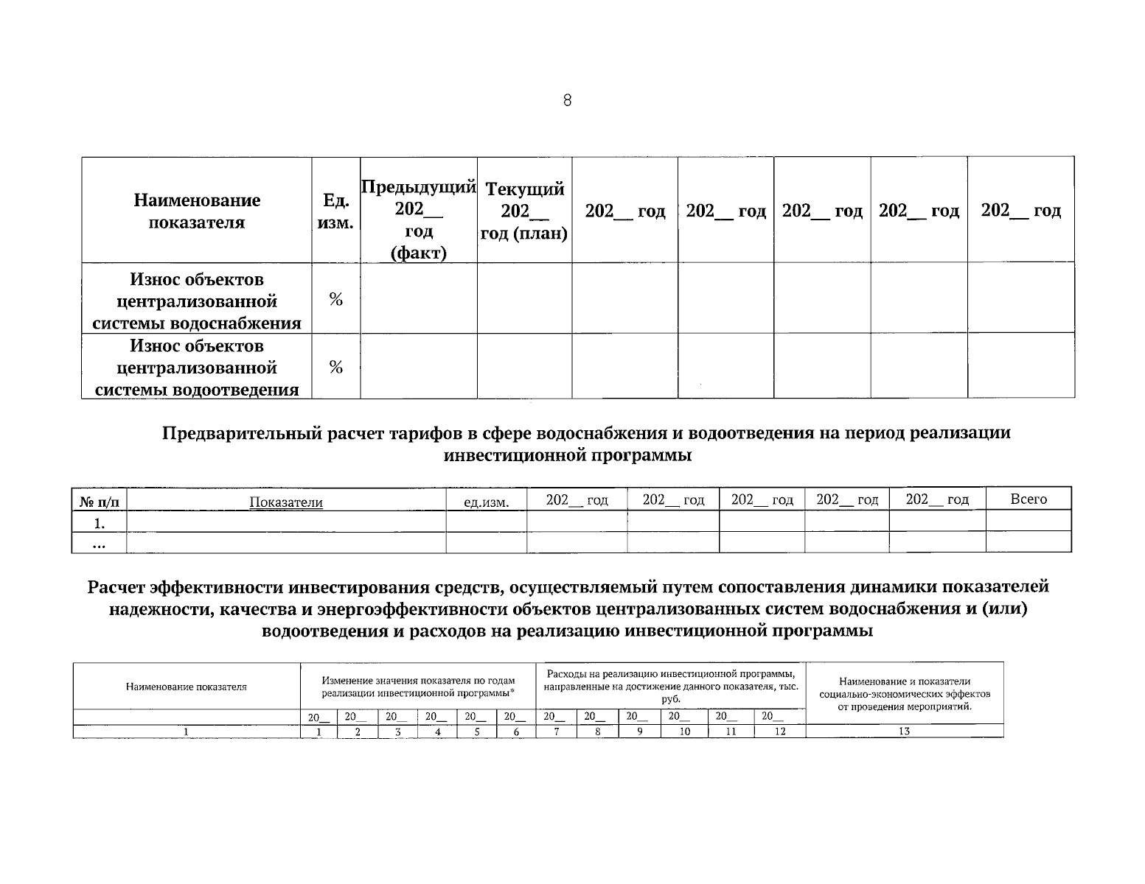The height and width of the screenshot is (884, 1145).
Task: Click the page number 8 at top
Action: click(x=566, y=101)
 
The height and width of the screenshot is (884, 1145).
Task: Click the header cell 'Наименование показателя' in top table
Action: click(x=197, y=211)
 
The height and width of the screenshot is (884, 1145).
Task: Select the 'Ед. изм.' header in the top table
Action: click(x=335, y=211)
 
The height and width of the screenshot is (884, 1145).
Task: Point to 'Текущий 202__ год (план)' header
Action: click(x=523, y=211)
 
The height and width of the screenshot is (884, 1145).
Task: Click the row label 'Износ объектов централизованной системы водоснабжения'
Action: click(x=197, y=301)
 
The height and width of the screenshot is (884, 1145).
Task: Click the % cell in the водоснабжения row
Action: click(x=335, y=299)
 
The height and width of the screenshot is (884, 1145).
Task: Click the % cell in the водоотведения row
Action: click(x=335, y=368)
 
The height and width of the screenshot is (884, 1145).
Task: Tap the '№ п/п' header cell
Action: click(x=99, y=502)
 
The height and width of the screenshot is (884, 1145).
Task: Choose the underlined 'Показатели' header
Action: click(x=286, y=502)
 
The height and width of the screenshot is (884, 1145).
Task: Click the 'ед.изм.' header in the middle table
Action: click(x=486, y=502)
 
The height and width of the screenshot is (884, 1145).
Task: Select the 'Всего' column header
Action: click(x=1028, y=499)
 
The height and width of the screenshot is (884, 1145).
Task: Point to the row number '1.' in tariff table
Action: click(x=99, y=523)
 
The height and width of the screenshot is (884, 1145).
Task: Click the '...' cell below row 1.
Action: click(x=99, y=544)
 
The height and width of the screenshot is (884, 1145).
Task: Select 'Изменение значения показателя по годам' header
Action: click(x=419, y=681)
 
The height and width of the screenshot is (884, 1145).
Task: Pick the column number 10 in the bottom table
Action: click(x=684, y=732)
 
